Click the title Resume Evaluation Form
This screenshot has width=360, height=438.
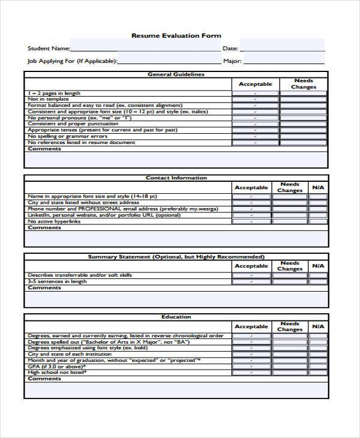[176, 36]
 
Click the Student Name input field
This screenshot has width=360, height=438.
[145, 48]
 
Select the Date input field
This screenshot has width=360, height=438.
[282, 48]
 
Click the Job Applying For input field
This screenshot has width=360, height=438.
[169, 61]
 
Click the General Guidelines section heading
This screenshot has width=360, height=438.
[176, 75]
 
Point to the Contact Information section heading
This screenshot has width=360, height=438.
[176, 178]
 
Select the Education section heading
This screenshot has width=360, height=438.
[176, 317]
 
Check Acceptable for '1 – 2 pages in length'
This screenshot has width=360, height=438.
[255, 94]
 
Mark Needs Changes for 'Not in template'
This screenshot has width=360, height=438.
[304, 100]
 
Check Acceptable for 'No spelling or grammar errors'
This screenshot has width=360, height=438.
[255, 137]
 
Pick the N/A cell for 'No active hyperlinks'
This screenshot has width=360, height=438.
[317, 221]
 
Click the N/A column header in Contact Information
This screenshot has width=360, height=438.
[317, 188]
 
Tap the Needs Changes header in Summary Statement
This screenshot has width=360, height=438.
[290, 266]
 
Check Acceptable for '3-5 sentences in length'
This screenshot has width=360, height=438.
[251, 281]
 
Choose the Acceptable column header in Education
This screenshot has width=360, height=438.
[251, 326]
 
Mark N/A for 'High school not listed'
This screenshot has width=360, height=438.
[317, 373]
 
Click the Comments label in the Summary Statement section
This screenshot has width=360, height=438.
[44, 288]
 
